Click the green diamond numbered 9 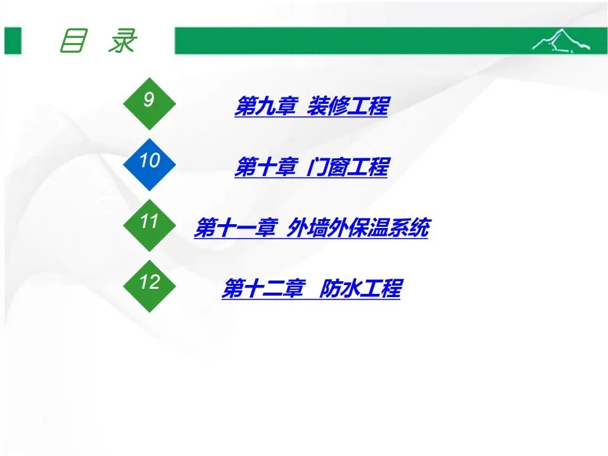click(x=149, y=103)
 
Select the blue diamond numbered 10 click(x=149, y=165)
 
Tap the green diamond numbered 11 click(x=149, y=225)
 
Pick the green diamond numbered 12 click(x=149, y=286)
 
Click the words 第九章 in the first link click(x=266, y=106)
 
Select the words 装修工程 click(x=348, y=106)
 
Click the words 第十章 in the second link click(x=266, y=167)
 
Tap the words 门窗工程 click(x=348, y=167)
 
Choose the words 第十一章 click(x=236, y=227)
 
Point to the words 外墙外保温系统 click(x=358, y=227)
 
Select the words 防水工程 click(x=360, y=289)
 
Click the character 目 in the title click(x=72, y=41)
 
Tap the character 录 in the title click(x=122, y=41)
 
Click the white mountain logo click(x=560, y=40)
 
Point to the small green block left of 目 click(x=13, y=41)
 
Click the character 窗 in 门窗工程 click(x=338, y=167)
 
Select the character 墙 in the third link click(x=317, y=227)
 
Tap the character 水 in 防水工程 click(x=350, y=289)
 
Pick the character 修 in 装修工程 click(x=338, y=106)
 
